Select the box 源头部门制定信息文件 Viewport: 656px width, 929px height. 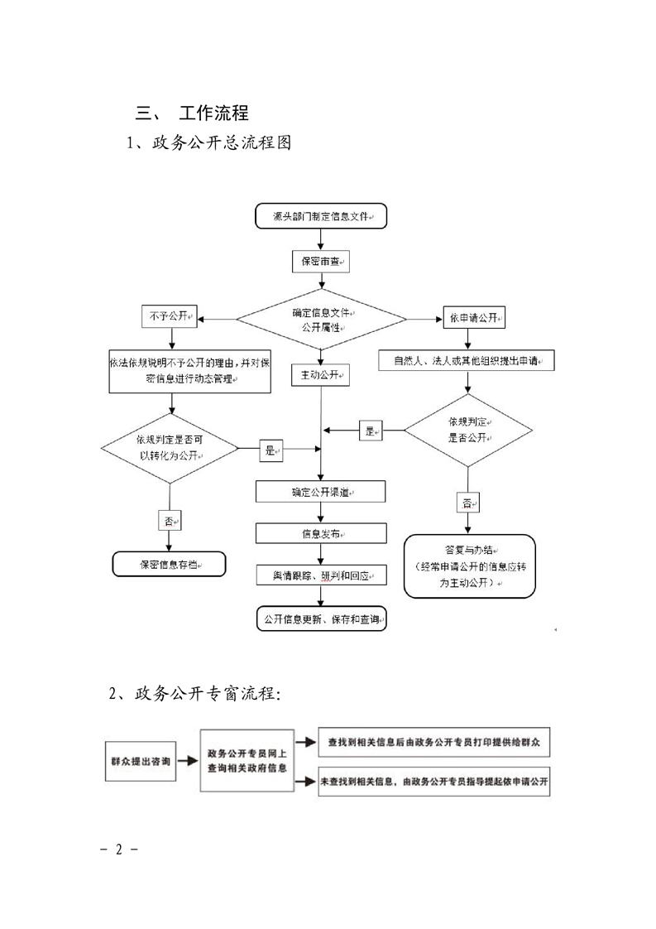[x=321, y=216]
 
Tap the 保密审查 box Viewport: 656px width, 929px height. [x=321, y=262]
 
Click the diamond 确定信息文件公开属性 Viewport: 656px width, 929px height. [x=321, y=320]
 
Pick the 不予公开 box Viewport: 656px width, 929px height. [x=170, y=317]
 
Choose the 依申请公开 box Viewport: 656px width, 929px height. [x=473, y=317]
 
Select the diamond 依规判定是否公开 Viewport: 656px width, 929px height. [x=468, y=431]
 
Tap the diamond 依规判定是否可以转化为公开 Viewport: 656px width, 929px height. [x=170, y=448]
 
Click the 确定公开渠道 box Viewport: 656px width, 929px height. [x=321, y=492]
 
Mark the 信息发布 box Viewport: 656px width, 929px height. [x=321, y=533]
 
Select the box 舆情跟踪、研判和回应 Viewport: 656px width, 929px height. [x=321, y=575]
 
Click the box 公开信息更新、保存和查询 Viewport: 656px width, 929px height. [x=321, y=619]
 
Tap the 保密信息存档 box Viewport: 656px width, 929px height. [x=169, y=564]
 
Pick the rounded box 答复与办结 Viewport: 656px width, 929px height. [x=469, y=566]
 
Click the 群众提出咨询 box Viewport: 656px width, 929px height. [x=141, y=761]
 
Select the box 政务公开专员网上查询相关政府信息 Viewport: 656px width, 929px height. [x=247, y=761]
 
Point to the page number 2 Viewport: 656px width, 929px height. [x=118, y=850]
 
